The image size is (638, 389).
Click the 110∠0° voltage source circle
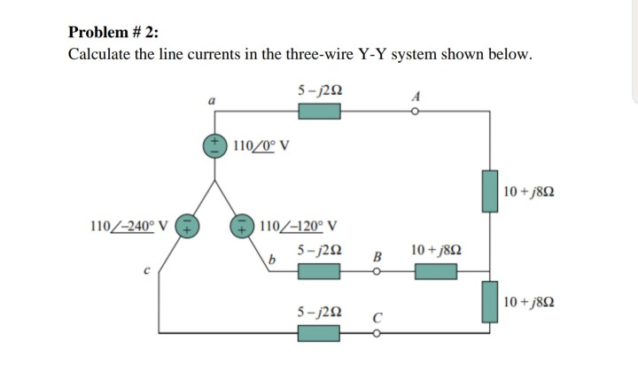(x=215, y=145)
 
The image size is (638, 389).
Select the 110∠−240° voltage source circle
(x=187, y=226)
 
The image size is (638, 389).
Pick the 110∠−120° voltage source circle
(x=243, y=226)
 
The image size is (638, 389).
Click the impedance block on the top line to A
(x=320, y=112)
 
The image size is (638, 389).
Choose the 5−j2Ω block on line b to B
(x=320, y=271)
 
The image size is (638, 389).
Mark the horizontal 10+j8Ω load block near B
(x=435, y=271)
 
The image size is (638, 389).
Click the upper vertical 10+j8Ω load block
(x=489, y=191)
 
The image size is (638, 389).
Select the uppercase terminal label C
(x=377, y=316)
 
